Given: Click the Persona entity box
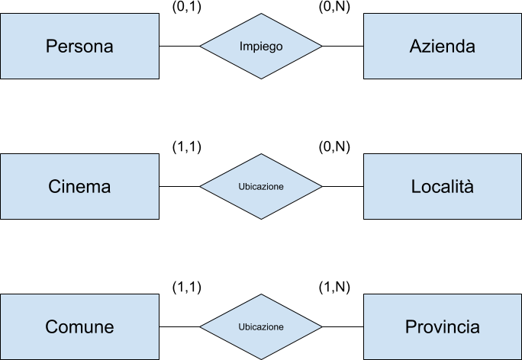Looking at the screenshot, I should tap(79, 46).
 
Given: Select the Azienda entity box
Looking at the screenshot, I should tap(443, 46).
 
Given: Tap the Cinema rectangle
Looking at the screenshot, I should tap(79, 186).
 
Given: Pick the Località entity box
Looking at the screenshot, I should tap(443, 186).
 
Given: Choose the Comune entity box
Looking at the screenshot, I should tap(79, 327).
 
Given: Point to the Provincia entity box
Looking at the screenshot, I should tap(443, 327).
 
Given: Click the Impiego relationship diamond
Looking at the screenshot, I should tap(261, 46).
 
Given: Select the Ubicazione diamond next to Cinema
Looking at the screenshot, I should tap(261, 186).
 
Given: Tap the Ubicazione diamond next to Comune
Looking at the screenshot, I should tap(261, 327).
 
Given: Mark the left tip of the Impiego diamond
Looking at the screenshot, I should tap(201, 46).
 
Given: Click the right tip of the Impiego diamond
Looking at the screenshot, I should tap(321, 46).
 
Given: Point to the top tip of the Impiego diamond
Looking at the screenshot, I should tap(261, 14).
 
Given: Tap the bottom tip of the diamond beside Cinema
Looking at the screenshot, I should tap(261, 218).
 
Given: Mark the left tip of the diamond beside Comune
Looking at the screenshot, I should tap(201, 327).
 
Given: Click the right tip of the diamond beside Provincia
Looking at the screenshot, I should tap(321, 327).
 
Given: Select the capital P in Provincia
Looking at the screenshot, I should tap(410, 327).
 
